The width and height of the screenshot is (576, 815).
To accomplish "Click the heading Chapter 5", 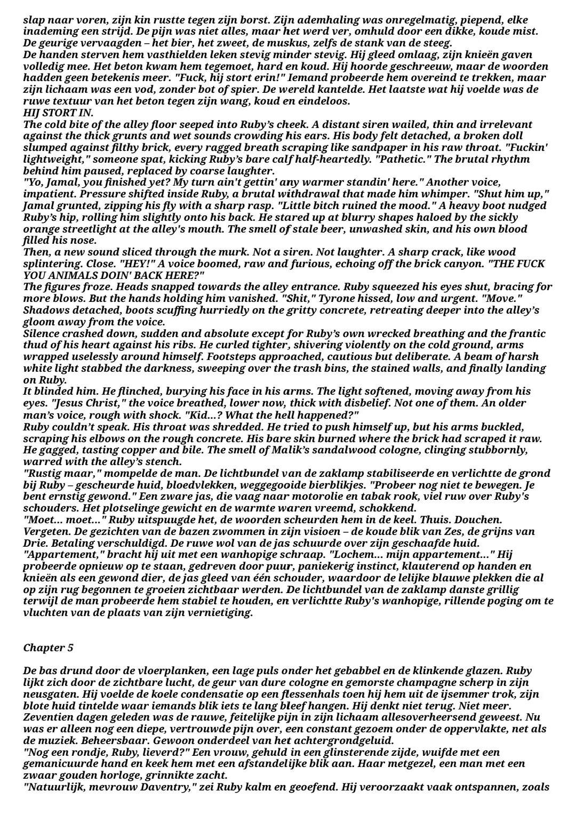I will [49, 648].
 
